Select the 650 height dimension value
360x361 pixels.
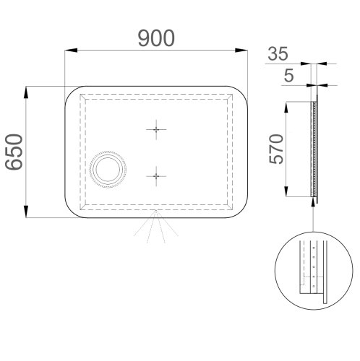[14, 152]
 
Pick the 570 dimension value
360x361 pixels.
[275, 149]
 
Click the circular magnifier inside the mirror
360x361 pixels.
[107, 172]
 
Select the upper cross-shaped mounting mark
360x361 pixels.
[155, 129]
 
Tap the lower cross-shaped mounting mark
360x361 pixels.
[155, 175]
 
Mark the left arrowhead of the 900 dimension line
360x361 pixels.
[69, 51]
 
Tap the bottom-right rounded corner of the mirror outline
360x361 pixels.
[242, 211]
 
